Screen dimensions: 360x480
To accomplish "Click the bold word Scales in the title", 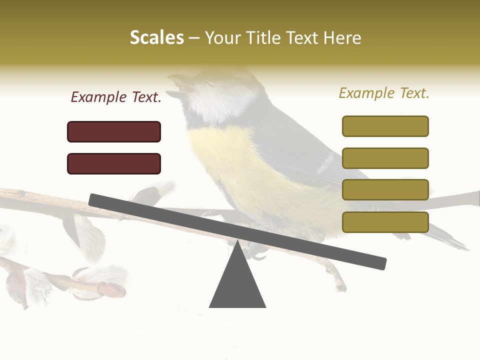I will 156,38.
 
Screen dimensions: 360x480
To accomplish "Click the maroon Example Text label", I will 116,97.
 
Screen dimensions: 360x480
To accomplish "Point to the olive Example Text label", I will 384,93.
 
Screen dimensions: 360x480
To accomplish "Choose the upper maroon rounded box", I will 114,131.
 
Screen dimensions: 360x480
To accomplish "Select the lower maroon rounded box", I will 114,163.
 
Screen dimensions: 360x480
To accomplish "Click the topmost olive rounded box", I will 385,126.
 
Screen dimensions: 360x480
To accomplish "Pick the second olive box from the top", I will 385,158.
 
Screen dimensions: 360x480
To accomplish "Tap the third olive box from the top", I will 385,190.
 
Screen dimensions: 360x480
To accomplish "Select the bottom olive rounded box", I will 385,222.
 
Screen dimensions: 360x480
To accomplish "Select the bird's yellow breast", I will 230,160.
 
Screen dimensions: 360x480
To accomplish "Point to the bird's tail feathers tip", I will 460,245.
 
